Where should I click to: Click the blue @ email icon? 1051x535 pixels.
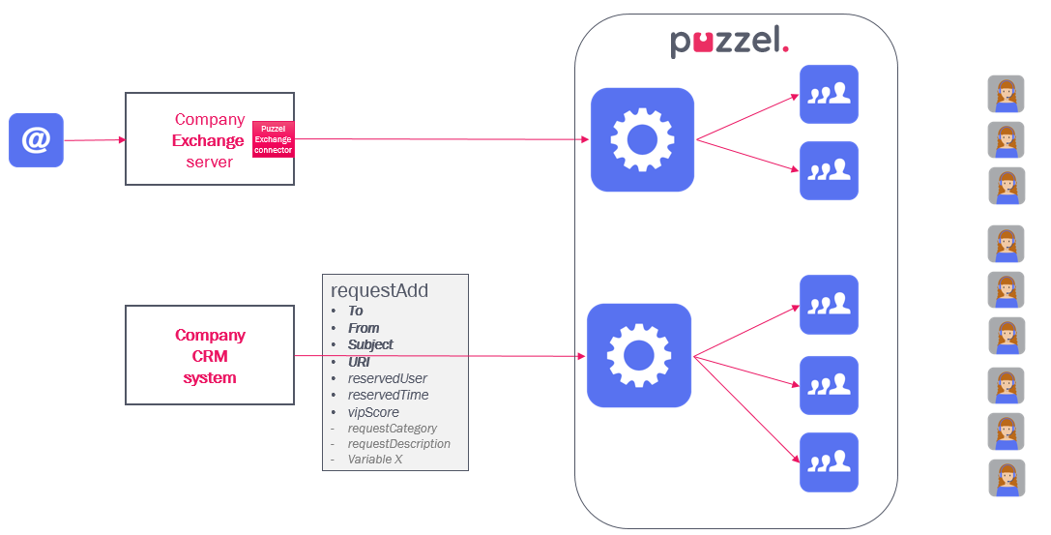coord(36,140)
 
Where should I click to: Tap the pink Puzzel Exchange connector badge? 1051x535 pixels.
coord(273,139)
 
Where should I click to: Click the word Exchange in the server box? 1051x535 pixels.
coord(208,140)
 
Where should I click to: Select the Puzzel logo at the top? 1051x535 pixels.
coord(730,42)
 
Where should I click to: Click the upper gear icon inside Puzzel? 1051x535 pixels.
coord(642,139)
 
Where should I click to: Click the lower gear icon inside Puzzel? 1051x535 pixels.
coord(638,355)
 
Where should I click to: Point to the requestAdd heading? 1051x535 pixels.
coord(379,290)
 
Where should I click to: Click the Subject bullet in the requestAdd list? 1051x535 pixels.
coord(371,344)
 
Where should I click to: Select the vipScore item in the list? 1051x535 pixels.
coord(373,412)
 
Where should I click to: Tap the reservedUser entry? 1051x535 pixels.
coord(387,378)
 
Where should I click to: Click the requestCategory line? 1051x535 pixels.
coord(392,428)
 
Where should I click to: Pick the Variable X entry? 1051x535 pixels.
coord(375,460)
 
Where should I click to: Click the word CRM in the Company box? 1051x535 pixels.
coord(210,356)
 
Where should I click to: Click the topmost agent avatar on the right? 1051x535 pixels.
coord(1006,94)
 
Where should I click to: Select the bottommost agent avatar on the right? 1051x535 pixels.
coord(1006,478)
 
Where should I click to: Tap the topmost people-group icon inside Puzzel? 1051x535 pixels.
coord(829,94)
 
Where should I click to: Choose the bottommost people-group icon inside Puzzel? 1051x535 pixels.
coord(829,462)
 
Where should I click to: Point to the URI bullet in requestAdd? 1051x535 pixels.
coord(359,362)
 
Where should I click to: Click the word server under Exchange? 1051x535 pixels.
coord(210,162)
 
